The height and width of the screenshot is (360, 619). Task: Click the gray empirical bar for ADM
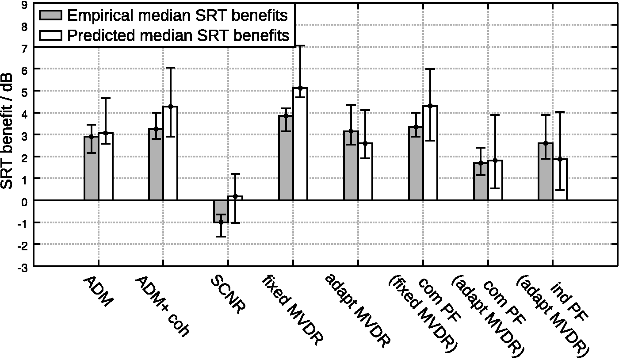(x=91, y=168)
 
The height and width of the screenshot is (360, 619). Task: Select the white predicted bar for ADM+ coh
(x=170, y=153)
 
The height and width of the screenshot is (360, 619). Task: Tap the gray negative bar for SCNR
(x=221, y=211)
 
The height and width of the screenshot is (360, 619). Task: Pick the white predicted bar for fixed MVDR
(x=300, y=144)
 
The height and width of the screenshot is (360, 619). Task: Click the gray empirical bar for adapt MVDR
(x=351, y=165)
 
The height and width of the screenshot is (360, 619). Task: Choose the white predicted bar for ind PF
(x=560, y=180)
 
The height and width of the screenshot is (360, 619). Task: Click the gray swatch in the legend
(x=50, y=15)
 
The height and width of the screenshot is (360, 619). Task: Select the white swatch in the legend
(x=50, y=35)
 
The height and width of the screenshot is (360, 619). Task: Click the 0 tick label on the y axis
(x=24, y=202)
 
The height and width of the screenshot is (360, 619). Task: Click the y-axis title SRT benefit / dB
(x=7, y=131)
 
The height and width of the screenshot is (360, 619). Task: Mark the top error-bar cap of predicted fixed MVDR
(x=300, y=46)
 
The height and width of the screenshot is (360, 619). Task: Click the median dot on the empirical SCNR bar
(x=221, y=222)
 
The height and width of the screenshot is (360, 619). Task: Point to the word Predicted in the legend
(x=102, y=35)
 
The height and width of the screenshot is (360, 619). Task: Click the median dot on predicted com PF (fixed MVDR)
(x=430, y=106)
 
